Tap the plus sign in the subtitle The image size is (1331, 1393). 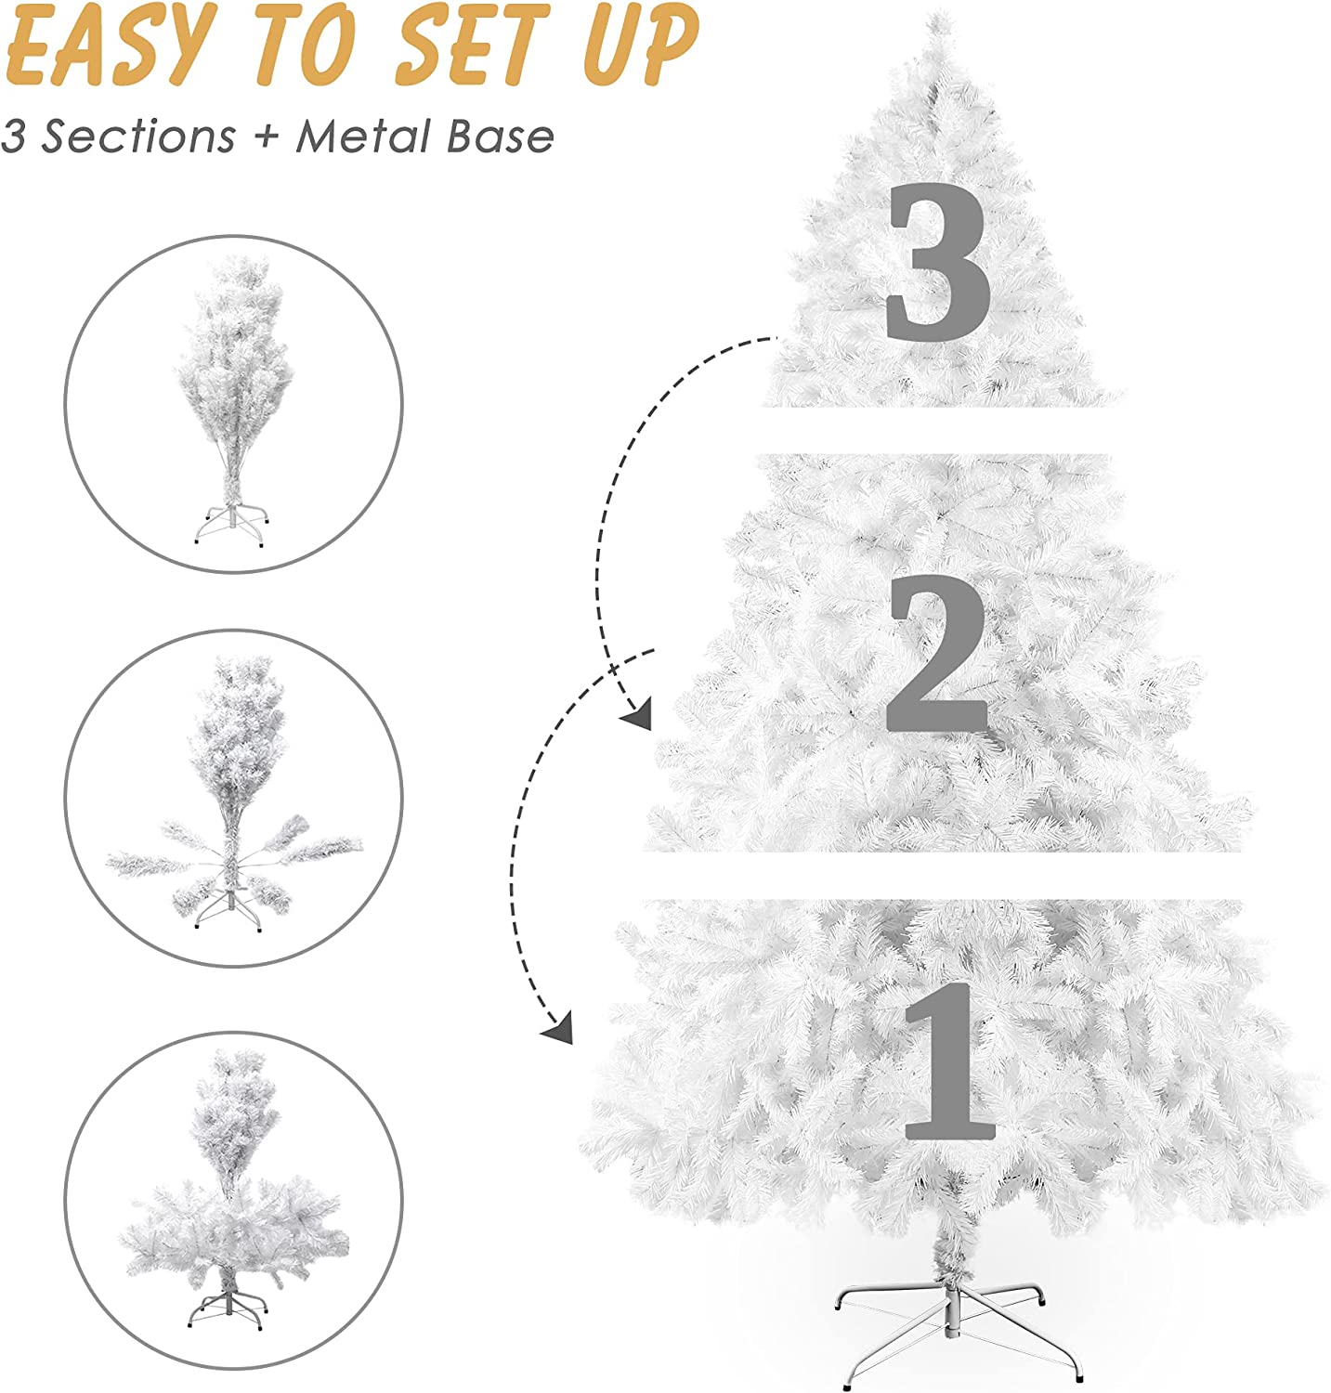(267, 137)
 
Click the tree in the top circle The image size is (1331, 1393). (234, 371)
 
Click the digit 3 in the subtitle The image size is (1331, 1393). (12, 137)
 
